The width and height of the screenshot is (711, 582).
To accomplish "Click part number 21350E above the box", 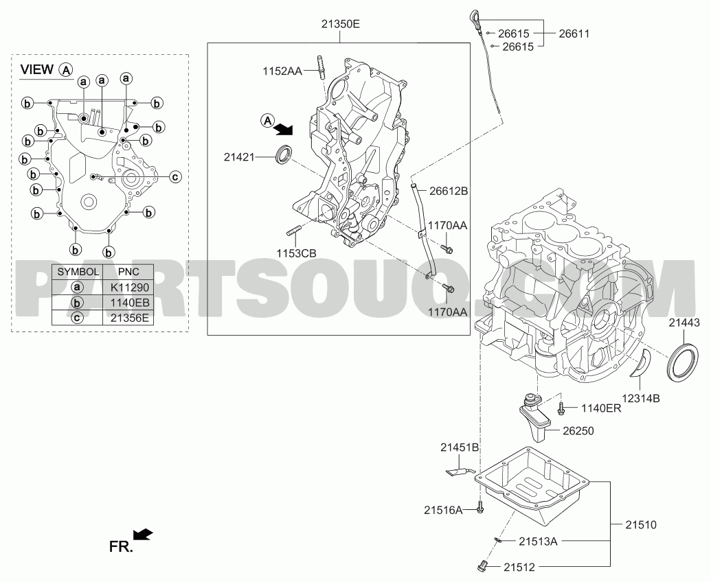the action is click(x=341, y=25).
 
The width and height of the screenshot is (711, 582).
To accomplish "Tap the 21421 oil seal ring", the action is click(x=284, y=154).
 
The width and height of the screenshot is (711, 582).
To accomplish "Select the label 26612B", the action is click(x=449, y=191).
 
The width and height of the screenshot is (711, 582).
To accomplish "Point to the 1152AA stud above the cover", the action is click(x=321, y=67).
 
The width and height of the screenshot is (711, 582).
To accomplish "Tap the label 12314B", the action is click(x=640, y=399).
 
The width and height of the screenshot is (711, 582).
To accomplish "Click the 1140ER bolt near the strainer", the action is click(x=561, y=408).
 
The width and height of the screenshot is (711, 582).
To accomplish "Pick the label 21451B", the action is click(x=460, y=447).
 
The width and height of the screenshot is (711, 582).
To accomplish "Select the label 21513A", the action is click(x=538, y=541).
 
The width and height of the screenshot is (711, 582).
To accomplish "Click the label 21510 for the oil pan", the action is click(x=641, y=525).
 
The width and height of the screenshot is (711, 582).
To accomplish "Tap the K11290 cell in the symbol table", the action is click(x=129, y=288).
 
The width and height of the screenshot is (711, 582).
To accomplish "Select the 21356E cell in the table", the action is click(x=129, y=318).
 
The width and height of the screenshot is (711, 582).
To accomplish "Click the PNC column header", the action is click(x=128, y=272).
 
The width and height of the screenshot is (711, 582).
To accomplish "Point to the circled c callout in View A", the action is click(x=175, y=176).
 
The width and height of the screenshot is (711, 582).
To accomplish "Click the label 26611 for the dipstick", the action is click(x=574, y=34).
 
